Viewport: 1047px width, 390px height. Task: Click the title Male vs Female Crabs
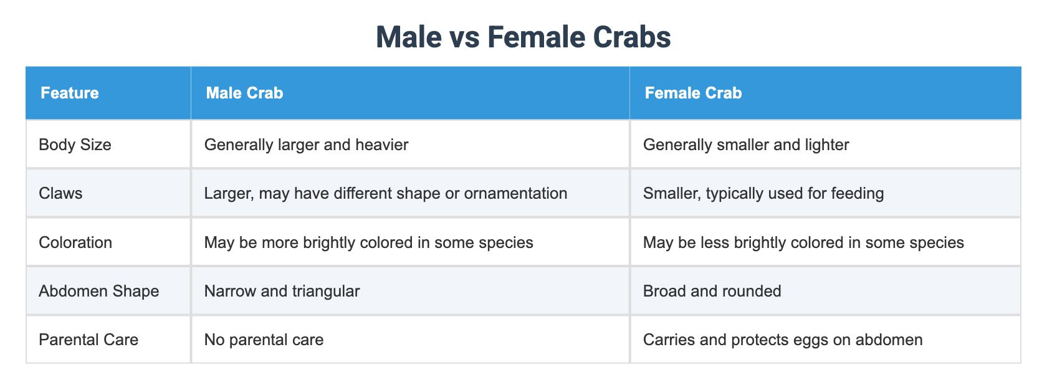[523, 37]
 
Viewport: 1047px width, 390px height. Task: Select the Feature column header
[69, 93]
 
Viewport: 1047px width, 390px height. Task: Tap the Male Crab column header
[244, 93]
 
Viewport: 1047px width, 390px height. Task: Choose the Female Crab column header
[693, 93]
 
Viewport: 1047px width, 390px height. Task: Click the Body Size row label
[75, 145]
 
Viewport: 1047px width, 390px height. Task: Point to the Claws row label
[60, 194]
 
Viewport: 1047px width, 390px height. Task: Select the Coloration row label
[75, 242]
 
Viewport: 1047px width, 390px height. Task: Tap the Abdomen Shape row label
[98, 291]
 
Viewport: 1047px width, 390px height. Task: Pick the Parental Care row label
[88, 340]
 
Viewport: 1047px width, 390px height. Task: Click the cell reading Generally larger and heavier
[306, 145]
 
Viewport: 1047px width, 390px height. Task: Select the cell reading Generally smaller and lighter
[745, 145]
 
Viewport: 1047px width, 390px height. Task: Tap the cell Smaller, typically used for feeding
[763, 194]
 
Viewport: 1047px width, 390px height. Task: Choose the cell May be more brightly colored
[368, 242]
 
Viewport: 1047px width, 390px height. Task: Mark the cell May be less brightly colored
[803, 242]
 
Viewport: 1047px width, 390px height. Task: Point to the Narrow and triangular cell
[282, 291]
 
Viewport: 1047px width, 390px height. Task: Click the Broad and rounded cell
[712, 291]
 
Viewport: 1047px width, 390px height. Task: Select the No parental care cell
[264, 340]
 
